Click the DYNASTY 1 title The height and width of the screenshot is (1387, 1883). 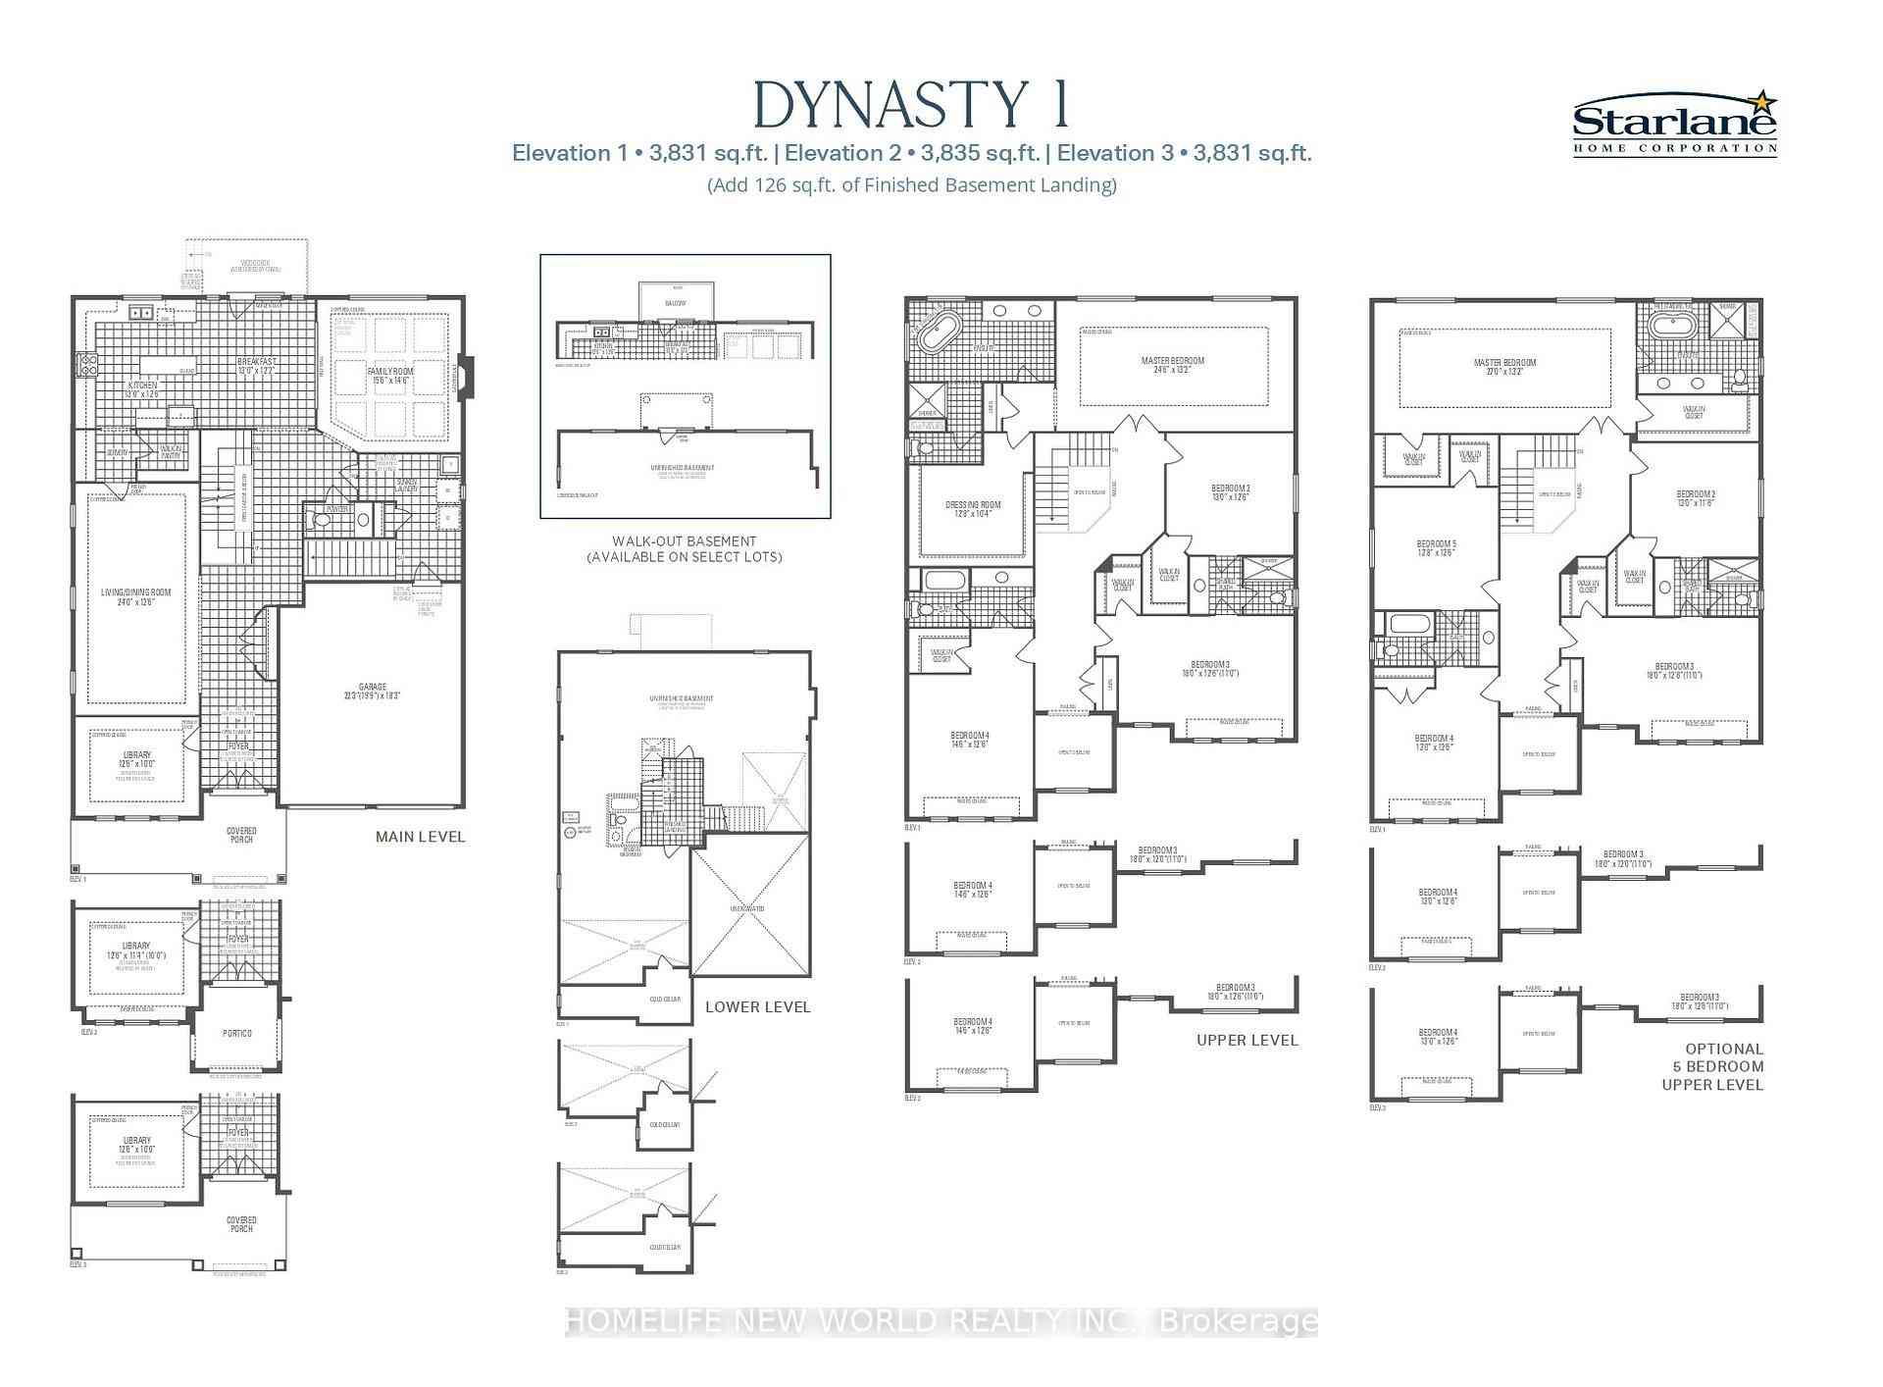tap(911, 106)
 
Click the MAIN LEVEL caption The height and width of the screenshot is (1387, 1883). tap(420, 837)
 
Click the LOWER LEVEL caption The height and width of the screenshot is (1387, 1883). tap(757, 1006)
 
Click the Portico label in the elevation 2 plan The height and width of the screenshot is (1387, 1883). tap(237, 1033)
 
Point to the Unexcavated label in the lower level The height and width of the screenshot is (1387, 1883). tap(747, 908)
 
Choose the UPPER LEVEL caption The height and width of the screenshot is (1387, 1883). tap(1247, 1040)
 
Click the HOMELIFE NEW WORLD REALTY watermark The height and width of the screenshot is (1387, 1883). tap(941, 1321)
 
